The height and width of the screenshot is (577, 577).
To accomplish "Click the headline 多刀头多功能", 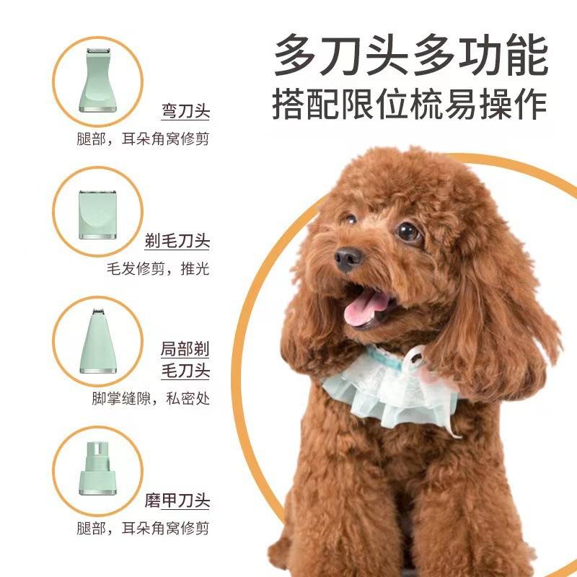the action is point(411,55).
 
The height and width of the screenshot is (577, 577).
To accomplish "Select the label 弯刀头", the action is point(185,111).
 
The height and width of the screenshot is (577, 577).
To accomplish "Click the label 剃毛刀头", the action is point(177,241).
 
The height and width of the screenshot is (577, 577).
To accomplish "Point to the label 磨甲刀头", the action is point(177,501).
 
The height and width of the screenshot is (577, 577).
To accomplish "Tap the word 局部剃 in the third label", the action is point(185,349).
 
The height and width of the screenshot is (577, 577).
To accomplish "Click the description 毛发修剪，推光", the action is point(158,268).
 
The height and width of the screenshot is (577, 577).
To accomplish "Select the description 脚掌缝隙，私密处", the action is point(151,398).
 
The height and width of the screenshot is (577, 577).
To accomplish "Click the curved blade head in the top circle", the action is point(98,81).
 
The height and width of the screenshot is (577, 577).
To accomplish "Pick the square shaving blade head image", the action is point(98,214).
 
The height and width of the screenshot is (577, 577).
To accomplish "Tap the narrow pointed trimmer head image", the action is point(98,341).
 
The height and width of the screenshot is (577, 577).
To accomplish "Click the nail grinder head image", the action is point(98,468).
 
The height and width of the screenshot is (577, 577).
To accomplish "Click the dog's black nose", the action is point(348,258).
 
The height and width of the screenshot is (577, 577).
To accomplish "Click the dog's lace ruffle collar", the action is point(390,387).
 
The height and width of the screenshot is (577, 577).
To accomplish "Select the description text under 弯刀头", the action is point(143,138).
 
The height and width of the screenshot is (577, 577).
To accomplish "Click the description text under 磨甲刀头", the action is point(143,528).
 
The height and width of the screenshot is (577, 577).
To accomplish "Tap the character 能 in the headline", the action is point(527,56).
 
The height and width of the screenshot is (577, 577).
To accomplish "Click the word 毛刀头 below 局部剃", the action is point(185,371).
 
